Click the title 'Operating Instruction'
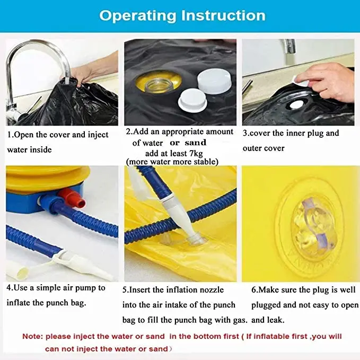tap(182, 15)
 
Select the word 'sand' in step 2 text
tap(195, 143)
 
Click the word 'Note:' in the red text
tap(33, 336)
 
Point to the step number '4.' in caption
tap(10, 288)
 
